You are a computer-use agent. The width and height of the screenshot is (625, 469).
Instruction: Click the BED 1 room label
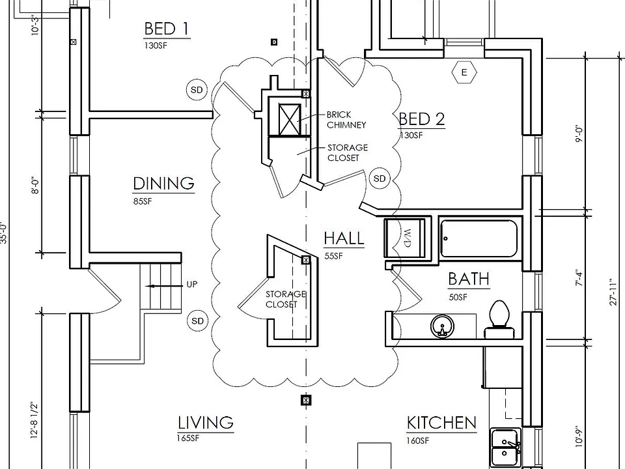point(166,29)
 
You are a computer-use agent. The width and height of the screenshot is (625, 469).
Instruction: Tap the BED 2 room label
point(422,119)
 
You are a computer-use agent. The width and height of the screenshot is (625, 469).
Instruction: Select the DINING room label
point(163,184)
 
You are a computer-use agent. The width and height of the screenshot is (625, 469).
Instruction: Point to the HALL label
point(344,238)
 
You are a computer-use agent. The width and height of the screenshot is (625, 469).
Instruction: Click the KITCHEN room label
point(441,423)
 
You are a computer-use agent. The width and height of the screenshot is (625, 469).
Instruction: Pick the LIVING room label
point(205,423)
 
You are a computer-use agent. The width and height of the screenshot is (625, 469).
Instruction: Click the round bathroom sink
point(442,326)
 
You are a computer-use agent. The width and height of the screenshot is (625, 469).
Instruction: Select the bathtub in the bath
point(479,238)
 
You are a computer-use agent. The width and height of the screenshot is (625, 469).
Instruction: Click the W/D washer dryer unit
point(404,238)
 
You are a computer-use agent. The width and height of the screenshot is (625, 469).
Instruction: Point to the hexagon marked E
point(464,72)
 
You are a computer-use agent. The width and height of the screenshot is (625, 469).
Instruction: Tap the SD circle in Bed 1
point(197,90)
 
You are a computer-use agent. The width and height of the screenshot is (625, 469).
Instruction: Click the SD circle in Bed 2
point(380,178)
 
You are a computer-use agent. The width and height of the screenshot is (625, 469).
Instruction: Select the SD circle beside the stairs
point(198,321)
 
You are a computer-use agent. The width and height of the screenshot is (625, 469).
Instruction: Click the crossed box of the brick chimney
point(289,120)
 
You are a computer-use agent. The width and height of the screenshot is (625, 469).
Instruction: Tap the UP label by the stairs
point(191,285)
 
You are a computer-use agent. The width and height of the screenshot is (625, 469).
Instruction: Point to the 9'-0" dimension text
point(579,134)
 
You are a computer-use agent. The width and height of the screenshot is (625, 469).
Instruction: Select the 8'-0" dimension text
point(36,186)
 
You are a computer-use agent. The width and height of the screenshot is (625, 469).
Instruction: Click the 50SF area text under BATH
point(458,297)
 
